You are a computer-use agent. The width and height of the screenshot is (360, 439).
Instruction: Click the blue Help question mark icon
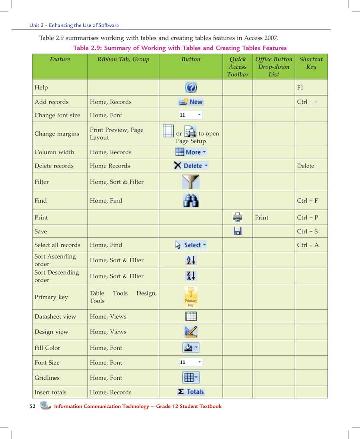(191, 87)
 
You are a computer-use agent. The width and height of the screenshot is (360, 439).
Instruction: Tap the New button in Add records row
(191, 102)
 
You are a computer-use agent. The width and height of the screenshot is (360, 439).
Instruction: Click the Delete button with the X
(191, 166)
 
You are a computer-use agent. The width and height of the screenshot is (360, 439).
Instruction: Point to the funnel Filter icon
(191, 182)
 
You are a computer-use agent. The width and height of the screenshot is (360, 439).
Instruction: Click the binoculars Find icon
(191, 200)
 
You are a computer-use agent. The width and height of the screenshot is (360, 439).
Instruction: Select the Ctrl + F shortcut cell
(307, 201)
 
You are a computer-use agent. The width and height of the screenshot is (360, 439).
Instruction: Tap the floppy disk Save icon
(238, 231)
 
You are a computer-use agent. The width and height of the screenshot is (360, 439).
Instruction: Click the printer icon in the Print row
(238, 217)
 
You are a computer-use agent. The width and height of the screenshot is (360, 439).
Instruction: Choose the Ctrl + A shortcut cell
(308, 245)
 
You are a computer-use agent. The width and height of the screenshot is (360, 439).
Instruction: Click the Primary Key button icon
(191, 297)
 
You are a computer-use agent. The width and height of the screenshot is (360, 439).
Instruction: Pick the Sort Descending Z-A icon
(191, 276)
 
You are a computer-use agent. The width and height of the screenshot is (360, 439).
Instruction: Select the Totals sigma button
(191, 392)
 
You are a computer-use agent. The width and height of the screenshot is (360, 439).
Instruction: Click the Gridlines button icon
(191, 377)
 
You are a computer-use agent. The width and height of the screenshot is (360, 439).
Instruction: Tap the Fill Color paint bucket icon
(191, 347)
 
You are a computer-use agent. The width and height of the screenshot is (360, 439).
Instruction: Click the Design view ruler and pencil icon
(191, 331)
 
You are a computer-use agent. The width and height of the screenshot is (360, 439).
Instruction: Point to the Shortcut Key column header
(311, 63)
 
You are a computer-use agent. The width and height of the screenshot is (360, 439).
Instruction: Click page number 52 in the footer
(32, 406)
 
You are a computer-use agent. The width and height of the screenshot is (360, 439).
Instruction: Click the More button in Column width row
(191, 152)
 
